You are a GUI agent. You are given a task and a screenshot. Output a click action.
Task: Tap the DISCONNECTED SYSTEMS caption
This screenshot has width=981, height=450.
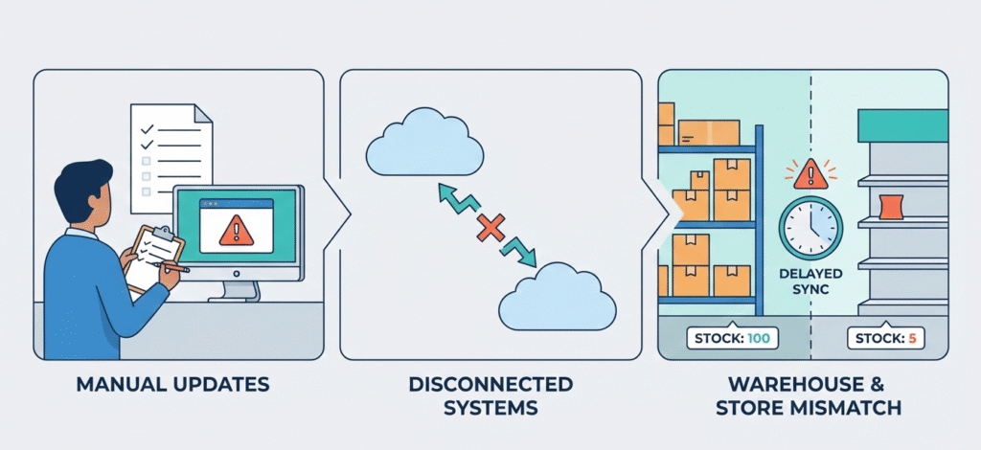tap(490, 395)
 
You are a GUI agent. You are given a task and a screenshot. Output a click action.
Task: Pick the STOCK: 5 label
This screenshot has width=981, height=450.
tap(885, 337)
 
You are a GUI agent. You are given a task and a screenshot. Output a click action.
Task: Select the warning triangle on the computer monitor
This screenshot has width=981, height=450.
tap(232, 230)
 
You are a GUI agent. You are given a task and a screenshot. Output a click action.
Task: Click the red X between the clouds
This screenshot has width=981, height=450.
tap(490, 228)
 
